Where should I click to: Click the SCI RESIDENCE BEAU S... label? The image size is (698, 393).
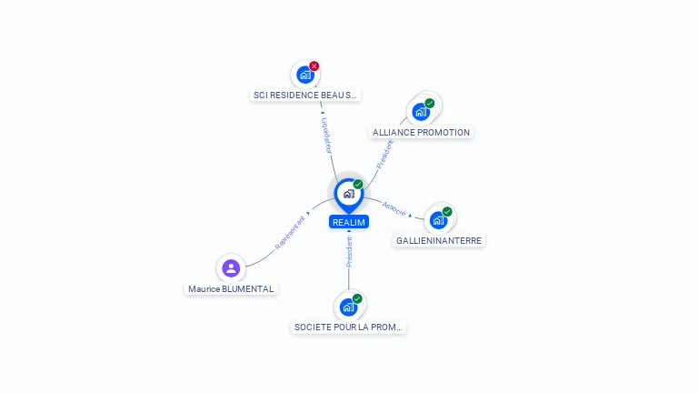click(x=305, y=95)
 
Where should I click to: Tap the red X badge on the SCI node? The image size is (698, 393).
click(x=314, y=65)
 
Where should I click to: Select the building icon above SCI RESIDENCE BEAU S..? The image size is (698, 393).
click(x=305, y=75)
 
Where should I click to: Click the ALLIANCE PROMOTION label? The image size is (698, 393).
click(x=421, y=132)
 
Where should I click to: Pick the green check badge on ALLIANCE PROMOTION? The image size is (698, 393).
click(x=430, y=104)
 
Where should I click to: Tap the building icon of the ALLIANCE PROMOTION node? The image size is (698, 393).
click(x=421, y=112)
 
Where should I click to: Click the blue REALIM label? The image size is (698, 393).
click(x=349, y=222)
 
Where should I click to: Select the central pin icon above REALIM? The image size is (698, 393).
click(x=349, y=196)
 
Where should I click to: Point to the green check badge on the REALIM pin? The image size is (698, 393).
click(x=358, y=184)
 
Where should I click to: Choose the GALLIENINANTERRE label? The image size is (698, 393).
click(x=439, y=240)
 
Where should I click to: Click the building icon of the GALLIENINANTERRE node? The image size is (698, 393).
click(x=438, y=220)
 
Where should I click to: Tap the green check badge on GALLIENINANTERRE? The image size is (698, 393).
click(x=447, y=212)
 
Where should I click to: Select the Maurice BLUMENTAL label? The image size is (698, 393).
click(x=231, y=288)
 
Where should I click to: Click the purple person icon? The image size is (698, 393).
click(x=231, y=268)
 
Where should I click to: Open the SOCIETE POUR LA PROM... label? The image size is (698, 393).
click(x=348, y=327)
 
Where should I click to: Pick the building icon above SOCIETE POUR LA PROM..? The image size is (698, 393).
click(x=349, y=307)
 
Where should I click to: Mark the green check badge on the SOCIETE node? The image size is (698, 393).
click(x=357, y=298)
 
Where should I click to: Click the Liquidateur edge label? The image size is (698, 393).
click(x=327, y=136)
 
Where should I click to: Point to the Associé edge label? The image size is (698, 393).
click(x=394, y=209)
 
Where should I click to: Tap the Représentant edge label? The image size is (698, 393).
click(x=290, y=233)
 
